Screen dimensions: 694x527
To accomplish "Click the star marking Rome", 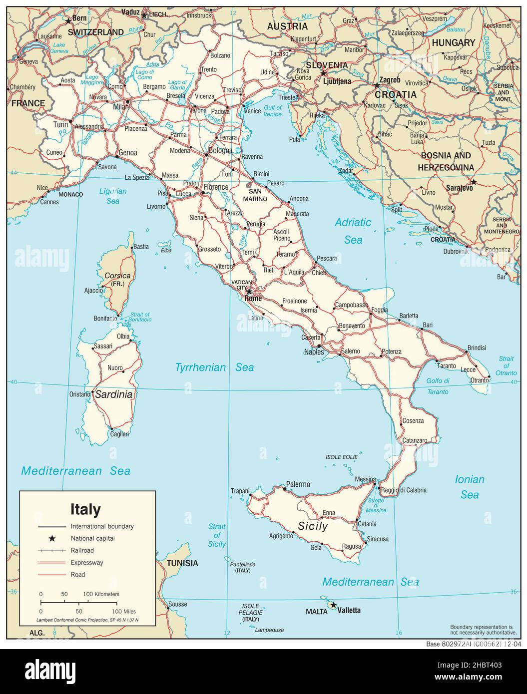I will coord(249,292).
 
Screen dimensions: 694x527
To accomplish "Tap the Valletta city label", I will coord(349,610).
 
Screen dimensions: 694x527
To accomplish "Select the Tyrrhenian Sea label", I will coord(214,368).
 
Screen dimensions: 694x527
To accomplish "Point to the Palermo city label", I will coord(298,484).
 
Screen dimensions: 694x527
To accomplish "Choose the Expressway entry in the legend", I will coord(87,563).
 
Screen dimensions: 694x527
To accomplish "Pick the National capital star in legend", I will coord(51,539).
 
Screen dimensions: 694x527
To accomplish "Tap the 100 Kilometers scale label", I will coord(101,594).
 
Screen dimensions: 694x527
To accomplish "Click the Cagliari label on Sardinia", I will coord(120,434).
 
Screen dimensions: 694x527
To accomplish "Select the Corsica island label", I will coord(117,276).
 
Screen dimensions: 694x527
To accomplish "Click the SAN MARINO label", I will coord(255,195).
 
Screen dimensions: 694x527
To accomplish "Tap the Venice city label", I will coord(252,111).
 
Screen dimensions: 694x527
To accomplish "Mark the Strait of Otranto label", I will coord(507,366).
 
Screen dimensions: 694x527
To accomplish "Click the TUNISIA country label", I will coord(182,563).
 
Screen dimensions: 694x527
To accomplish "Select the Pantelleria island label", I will coord(244,564).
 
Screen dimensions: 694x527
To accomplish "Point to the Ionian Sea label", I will coord(470,487).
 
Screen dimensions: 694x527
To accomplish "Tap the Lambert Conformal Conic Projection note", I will coord(87,620).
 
